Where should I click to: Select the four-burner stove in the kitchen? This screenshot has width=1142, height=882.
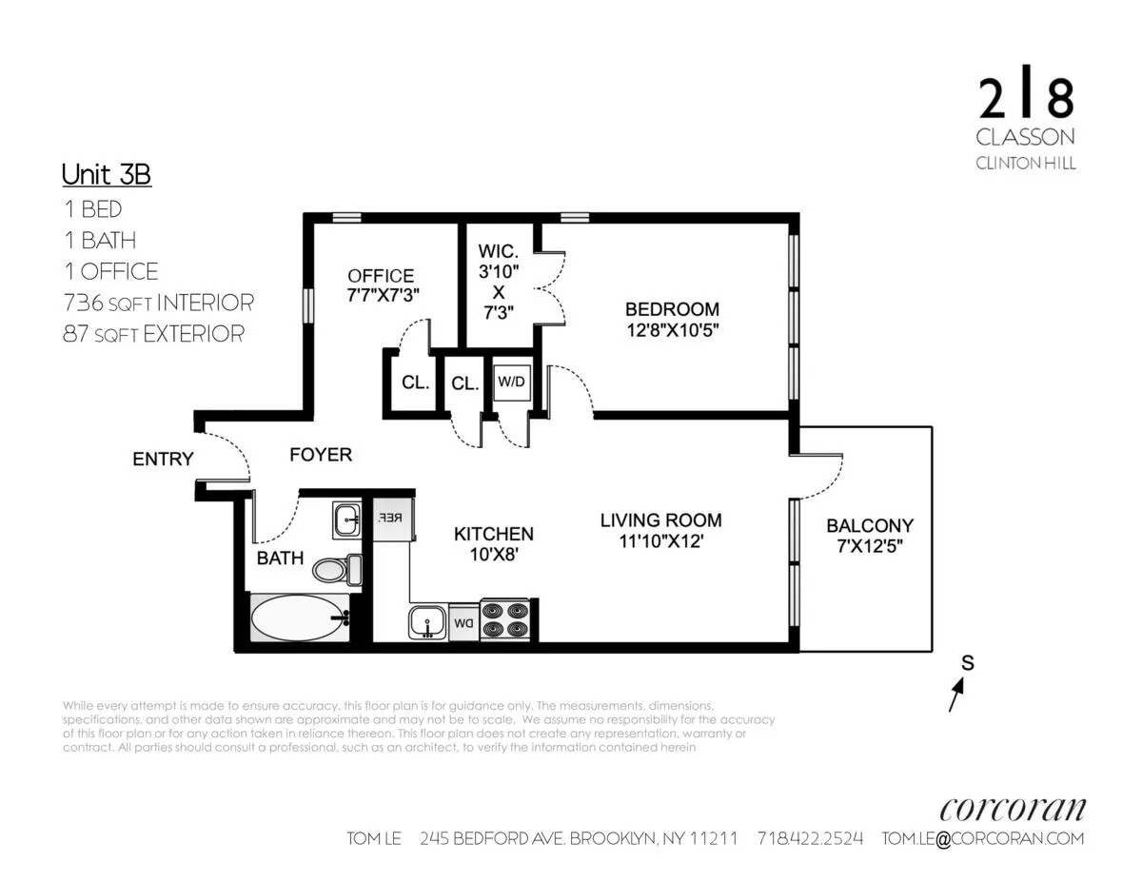(504, 619)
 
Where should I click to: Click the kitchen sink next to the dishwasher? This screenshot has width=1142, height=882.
(427, 623)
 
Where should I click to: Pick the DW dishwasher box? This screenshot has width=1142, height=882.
(463, 623)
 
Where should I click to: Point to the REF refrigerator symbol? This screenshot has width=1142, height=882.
(391, 519)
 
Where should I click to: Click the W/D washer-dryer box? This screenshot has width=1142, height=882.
(510, 382)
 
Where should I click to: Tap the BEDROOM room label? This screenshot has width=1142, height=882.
(671, 309)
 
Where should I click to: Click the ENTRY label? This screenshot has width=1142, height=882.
(163, 460)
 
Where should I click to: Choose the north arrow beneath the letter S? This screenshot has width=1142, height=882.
(955, 698)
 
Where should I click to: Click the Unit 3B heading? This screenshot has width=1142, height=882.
(106, 175)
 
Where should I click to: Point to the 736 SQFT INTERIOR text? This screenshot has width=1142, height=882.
(158, 303)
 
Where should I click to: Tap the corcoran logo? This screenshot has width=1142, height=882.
(1012, 809)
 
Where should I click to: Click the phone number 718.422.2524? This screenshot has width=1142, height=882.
(810, 838)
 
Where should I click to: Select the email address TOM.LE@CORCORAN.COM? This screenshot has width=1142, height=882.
(982, 838)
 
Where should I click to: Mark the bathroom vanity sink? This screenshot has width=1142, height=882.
(345, 519)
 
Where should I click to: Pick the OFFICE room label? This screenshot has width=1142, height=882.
(381, 276)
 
